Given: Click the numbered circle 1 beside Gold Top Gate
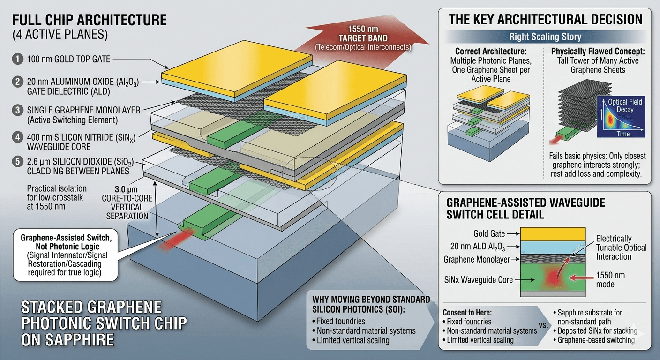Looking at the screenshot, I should [17, 60].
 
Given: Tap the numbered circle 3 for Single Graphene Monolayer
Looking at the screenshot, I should [17, 111].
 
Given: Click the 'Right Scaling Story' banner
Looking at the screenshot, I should [545, 37].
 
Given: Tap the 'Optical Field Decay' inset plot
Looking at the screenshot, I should [621, 117].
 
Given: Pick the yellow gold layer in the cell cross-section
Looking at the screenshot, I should [553, 234].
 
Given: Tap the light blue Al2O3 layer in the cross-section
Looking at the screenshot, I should [553, 247].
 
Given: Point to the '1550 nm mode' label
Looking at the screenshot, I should [611, 280].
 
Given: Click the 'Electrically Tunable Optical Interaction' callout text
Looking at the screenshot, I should [621, 247].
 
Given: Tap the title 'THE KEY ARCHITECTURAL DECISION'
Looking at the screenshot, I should [546, 19].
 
